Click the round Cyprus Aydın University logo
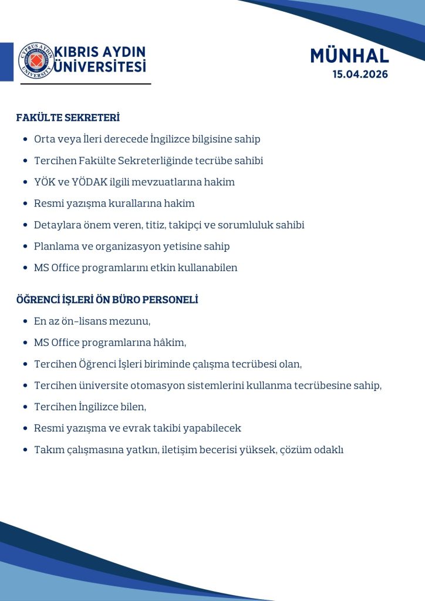(x=36, y=60)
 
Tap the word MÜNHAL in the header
(x=349, y=56)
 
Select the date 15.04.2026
(x=360, y=75)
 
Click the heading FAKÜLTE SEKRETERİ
(x=68, y=118)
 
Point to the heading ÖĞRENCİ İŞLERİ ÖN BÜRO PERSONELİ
(x=107, y=300)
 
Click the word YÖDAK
(x=89, y=182)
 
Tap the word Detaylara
(x=55, y=225)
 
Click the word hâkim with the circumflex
(x=171, y=343)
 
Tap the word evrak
(x=145, y=428)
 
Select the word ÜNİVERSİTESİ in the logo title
(x=100, y=67)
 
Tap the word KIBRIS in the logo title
(x=76, y=52)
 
